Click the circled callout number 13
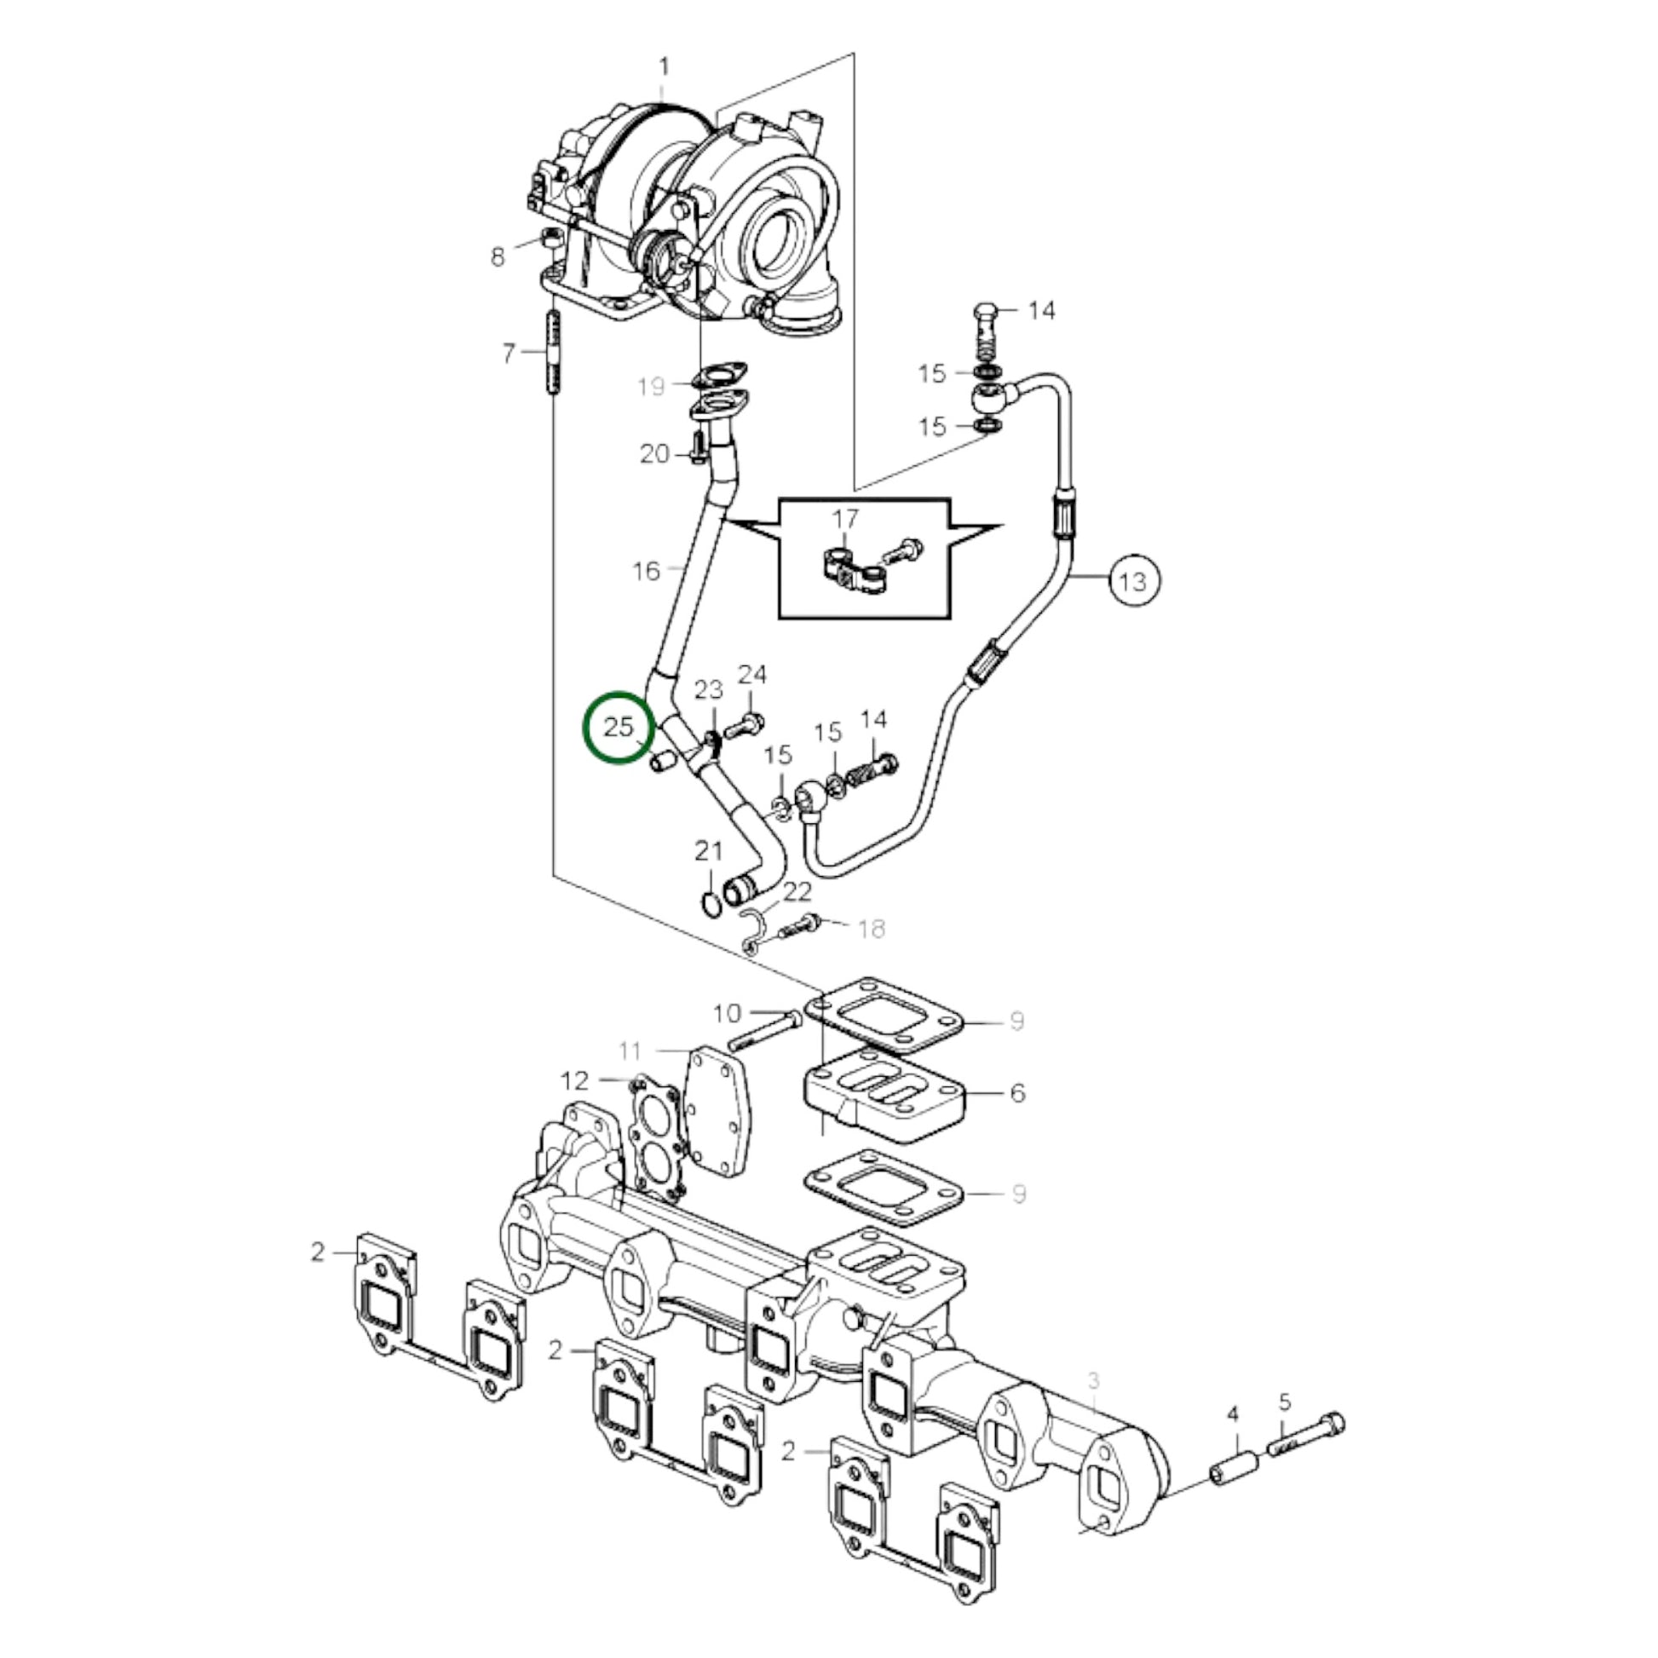point(1134,581)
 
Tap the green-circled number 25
point(618,727)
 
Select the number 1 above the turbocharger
point(664,66)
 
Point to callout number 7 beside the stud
point(508,353)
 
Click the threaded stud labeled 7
point(552,353)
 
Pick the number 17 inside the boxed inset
point(845,518)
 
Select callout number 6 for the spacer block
point(1018,1092)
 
